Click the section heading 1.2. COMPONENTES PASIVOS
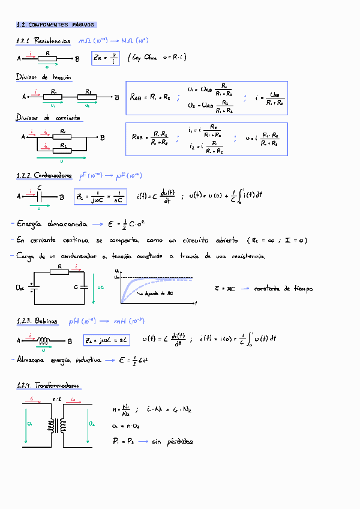[x=56, y=25]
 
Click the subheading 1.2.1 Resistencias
[x=44, y=41]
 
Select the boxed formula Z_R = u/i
[x=106, y=58]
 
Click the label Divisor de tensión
[x=43, y=77]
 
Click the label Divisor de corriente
[x=48, y=118]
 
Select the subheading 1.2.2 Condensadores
[x=46, y=176]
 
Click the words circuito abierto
[x=213, y=240]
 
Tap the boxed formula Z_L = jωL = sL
[x=107, y=340]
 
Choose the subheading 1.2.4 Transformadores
[x=49, y=385]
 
